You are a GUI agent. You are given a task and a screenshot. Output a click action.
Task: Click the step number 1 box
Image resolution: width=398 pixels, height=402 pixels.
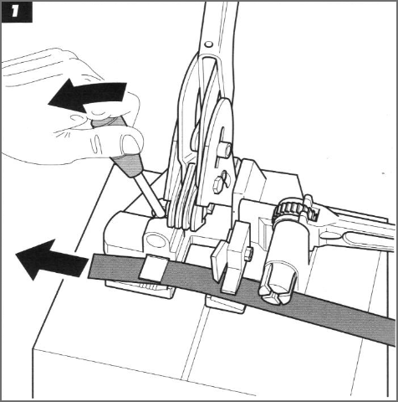(x=17, y=12)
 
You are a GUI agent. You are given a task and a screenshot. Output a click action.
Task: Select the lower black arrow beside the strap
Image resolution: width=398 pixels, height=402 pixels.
(x=51, y=260)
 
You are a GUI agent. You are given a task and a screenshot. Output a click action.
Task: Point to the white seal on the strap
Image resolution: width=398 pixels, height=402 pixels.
(x=154, y=268)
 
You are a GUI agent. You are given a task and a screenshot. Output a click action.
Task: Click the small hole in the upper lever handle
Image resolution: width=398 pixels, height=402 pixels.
(x=208, y=44)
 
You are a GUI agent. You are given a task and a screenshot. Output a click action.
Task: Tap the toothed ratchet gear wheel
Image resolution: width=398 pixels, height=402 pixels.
(x=291, y=210)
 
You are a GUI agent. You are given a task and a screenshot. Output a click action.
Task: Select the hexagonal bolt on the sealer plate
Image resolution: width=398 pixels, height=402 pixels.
(x=217, y=185)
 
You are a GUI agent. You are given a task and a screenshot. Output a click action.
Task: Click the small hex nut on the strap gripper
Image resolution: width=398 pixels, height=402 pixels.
(x=250, y=254)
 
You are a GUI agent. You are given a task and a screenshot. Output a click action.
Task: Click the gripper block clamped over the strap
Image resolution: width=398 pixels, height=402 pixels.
(x=232, y=257)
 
